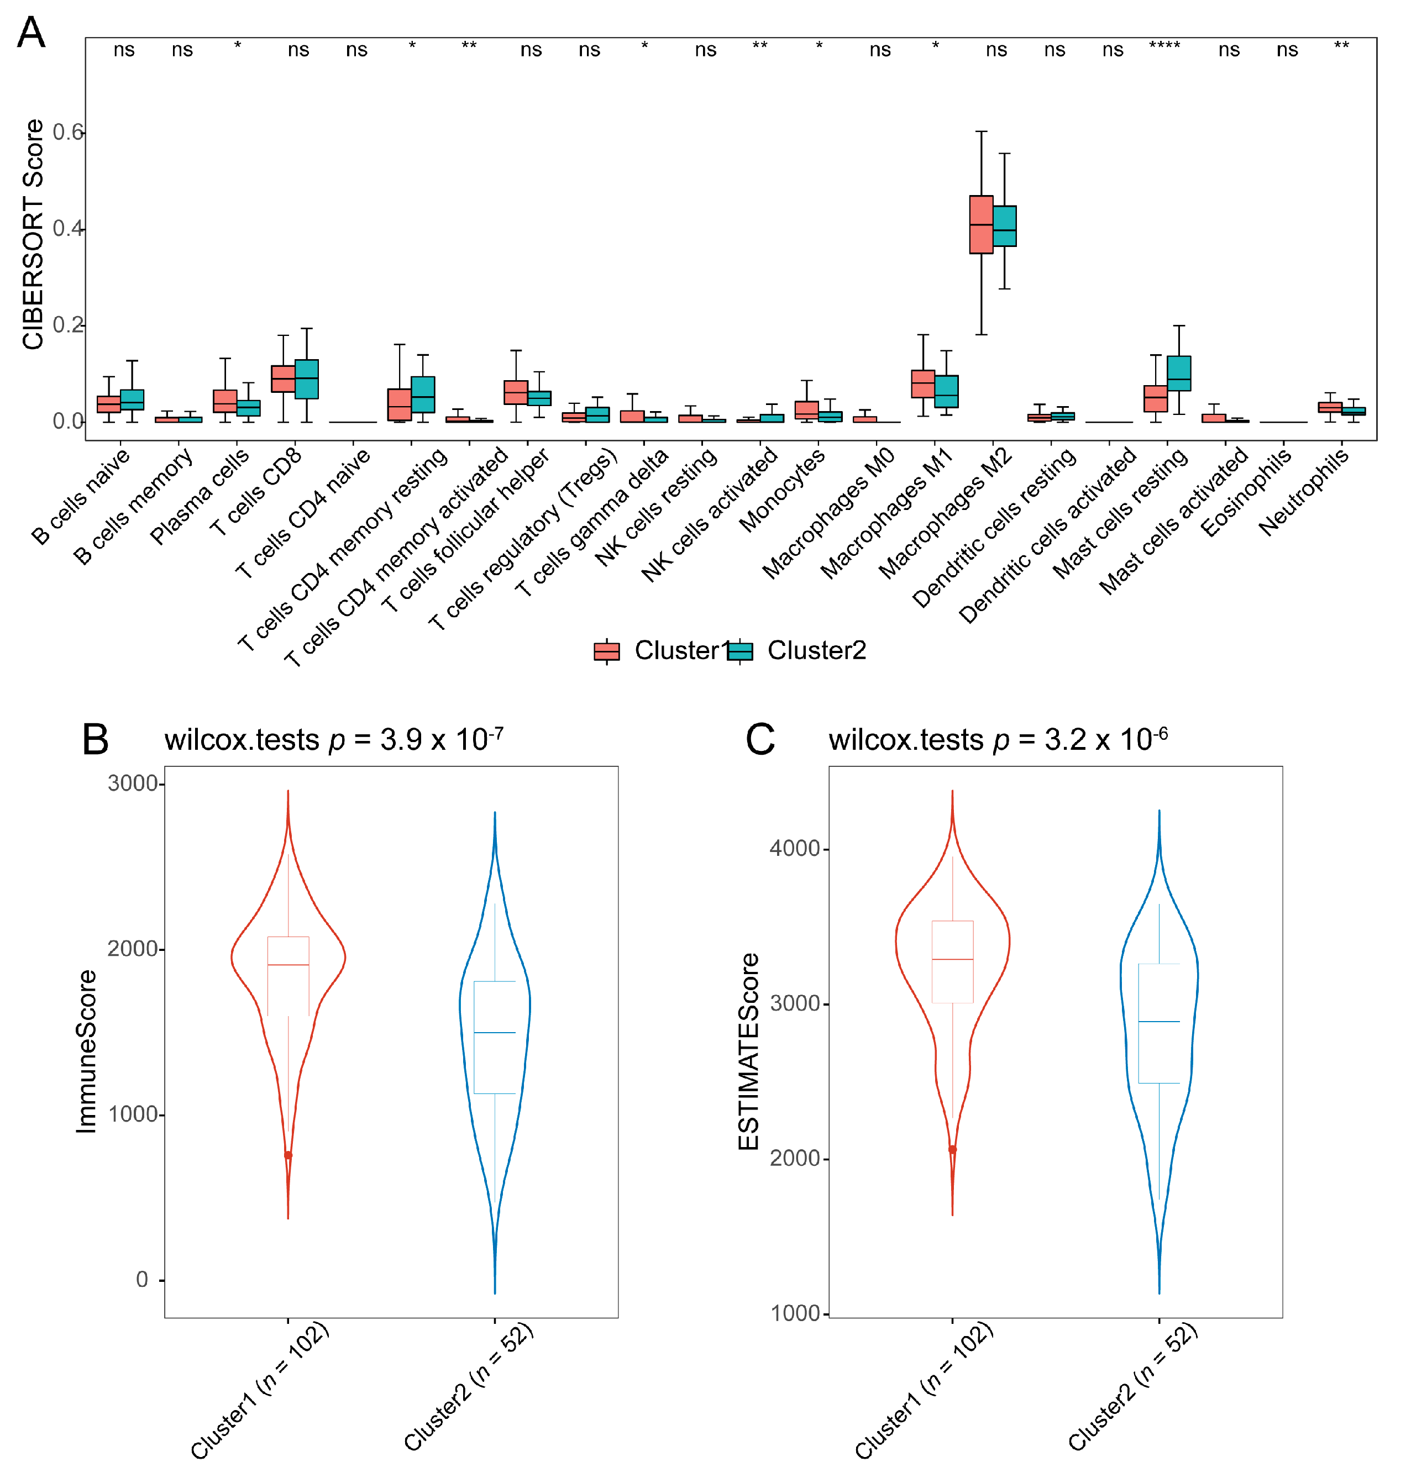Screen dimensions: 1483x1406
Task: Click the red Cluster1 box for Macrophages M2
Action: coord(980,225)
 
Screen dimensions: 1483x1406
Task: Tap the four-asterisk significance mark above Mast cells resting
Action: coord(1164,46)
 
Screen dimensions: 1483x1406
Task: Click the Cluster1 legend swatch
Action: coord(606,651)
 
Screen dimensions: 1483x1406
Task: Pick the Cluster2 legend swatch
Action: coord(739,651)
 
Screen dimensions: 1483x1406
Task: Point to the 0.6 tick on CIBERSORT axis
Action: coord(67,133)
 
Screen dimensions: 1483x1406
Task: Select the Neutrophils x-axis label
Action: coord(1304,492)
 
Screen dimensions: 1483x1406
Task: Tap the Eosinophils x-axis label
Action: coord(1246,492)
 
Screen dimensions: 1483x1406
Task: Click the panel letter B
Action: coord(95,740)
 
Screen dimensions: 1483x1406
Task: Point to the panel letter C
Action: coord(759,740)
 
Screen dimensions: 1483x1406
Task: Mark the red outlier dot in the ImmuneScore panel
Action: coord(288,1155)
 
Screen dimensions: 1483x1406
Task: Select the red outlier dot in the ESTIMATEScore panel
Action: coord(953,1149)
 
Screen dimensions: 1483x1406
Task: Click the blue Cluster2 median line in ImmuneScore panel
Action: coord(495,1033)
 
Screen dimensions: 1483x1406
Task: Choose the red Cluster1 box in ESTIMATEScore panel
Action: coord(953,961)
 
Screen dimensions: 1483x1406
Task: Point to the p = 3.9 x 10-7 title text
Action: coord(333,740)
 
